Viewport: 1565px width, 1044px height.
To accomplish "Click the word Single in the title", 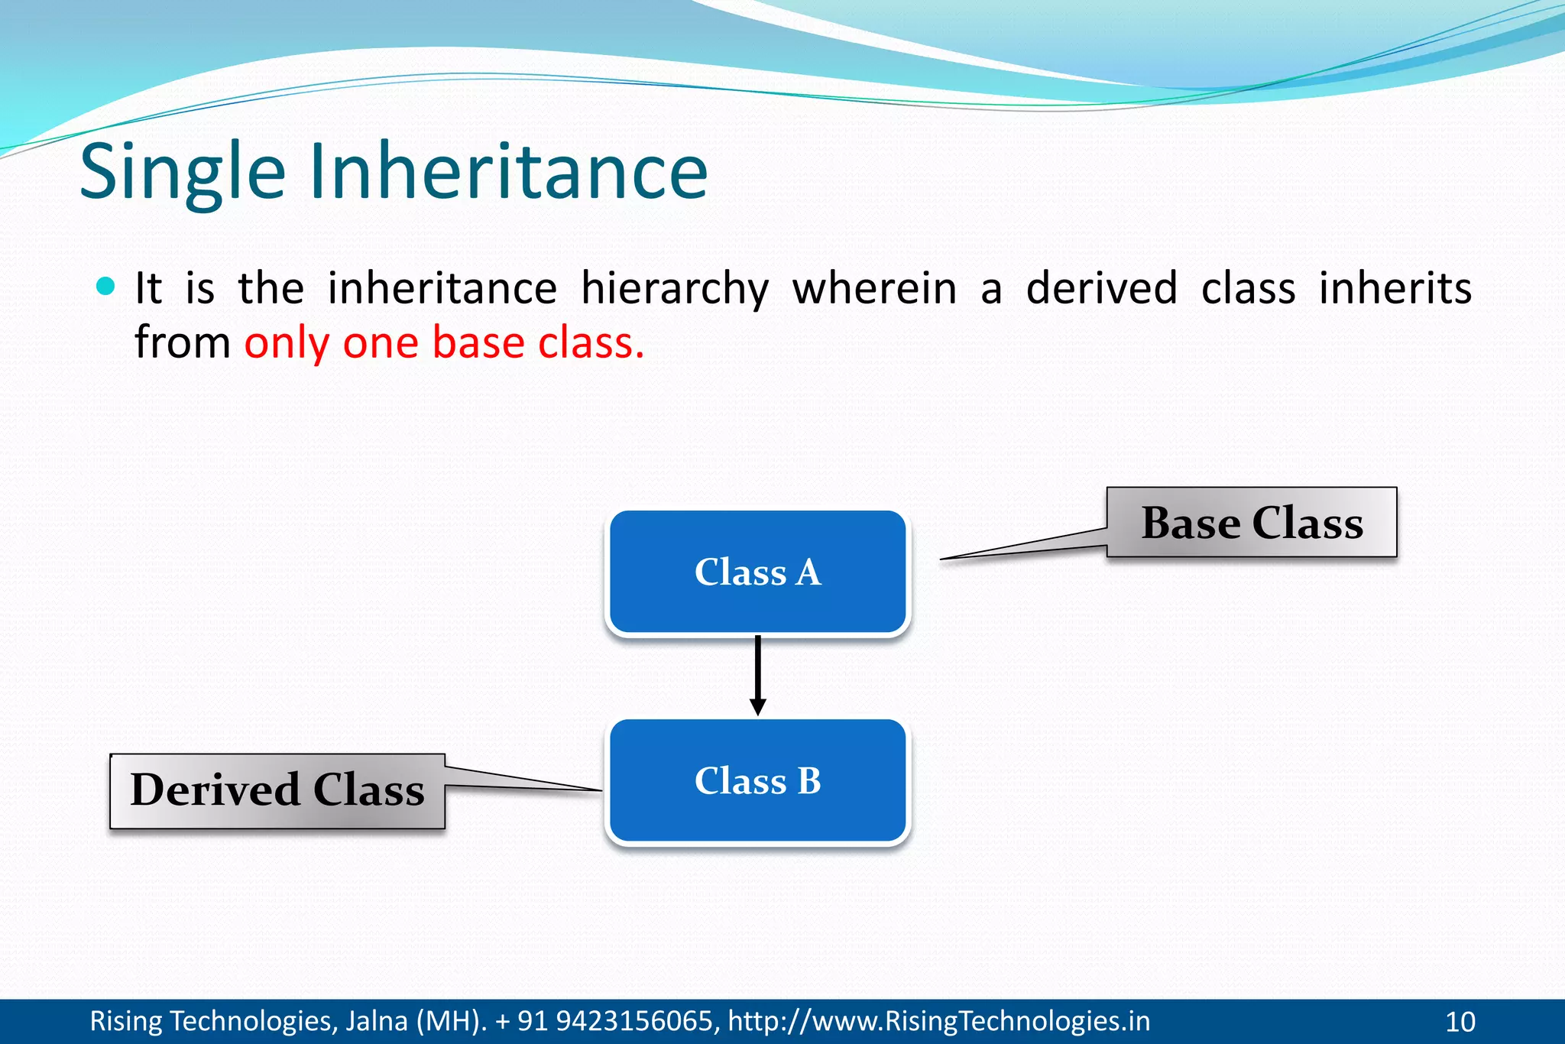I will point(182,172).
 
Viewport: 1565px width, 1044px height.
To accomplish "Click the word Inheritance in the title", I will point(508,172).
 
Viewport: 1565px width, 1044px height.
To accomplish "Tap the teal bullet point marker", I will point(106,287).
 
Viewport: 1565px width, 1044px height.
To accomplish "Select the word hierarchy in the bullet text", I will point(674,289).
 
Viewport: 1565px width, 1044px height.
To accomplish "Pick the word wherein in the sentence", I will point(874,289).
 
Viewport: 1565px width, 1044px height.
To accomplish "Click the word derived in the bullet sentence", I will point(1100,289).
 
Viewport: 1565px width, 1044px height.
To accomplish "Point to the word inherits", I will point(1395,289).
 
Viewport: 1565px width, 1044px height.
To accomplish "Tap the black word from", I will point(182,342).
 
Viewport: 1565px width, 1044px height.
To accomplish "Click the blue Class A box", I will point(757,572).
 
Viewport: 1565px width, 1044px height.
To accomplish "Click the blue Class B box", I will point(757,781).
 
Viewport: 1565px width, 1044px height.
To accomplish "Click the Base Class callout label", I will point(1252,523).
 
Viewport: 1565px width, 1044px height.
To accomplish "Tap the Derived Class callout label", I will point(277,790).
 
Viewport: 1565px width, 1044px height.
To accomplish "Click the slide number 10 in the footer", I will point(1460,1022).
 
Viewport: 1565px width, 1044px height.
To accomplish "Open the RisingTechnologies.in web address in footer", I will point(938,1021).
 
